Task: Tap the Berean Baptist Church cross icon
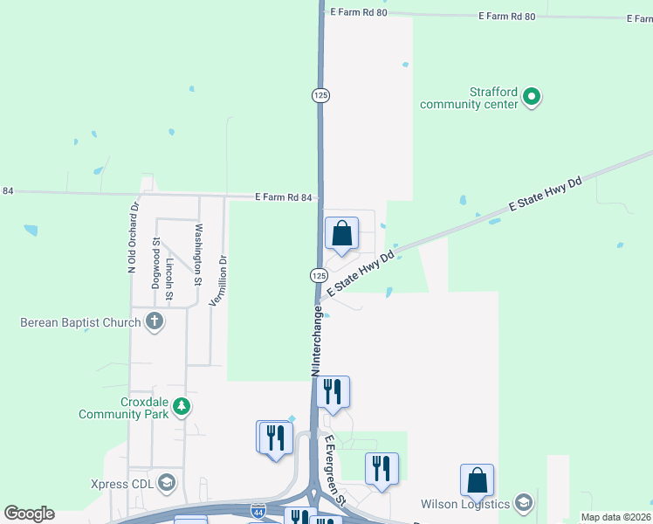pos(155,321)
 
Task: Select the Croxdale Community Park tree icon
pos(182,406)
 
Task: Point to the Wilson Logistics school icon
pos(524,503)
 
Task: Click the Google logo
pos(29,514)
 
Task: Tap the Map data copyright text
pos(616,517)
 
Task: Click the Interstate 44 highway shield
pos(258,510)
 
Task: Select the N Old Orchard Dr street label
pos(134,239)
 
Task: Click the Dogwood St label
pos(156,262)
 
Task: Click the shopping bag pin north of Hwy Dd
pos(341,233)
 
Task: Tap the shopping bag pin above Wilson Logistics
pos(477,480)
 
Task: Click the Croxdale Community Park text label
pos(123,408)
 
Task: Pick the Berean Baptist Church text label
pos(80,322)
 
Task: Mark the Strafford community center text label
pos(469,98)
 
